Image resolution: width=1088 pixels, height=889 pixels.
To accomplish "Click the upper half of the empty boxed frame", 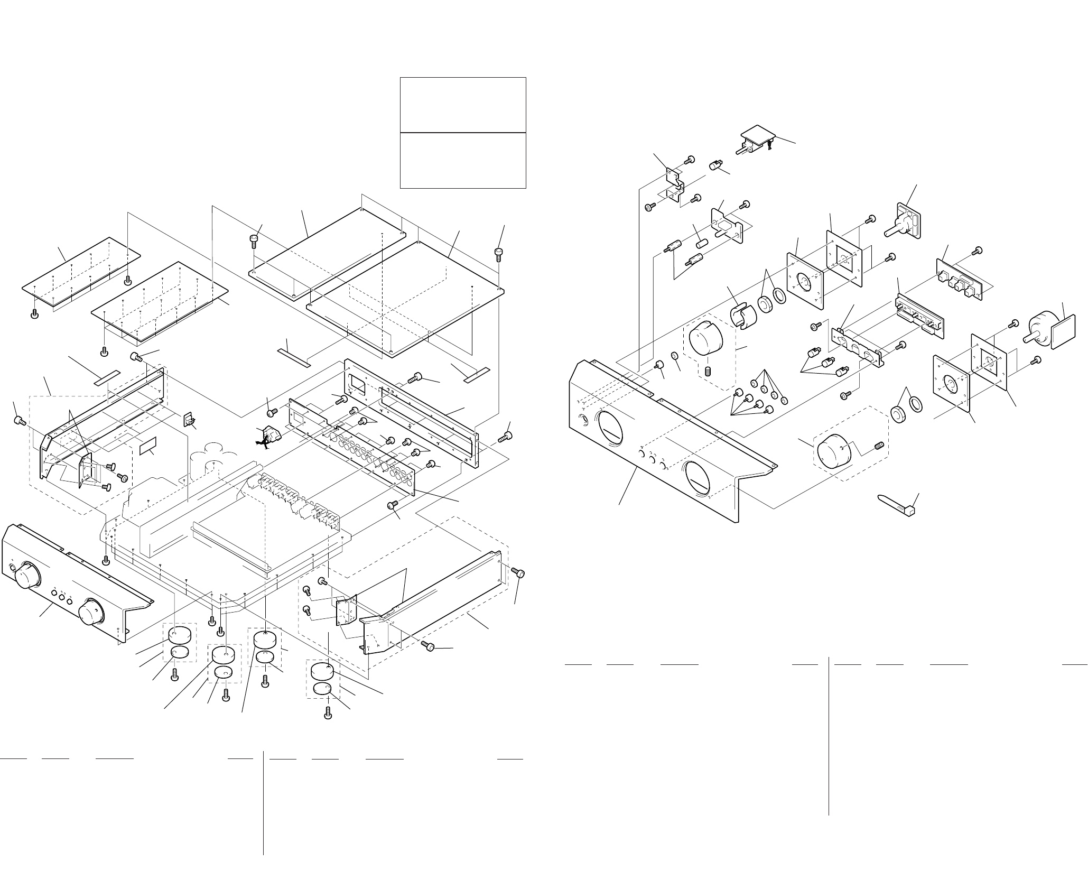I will coord(463,105).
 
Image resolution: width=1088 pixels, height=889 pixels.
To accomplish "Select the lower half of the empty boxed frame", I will coord(463,160).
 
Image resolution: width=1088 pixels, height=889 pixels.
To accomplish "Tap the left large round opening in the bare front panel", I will coord(610,434).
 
